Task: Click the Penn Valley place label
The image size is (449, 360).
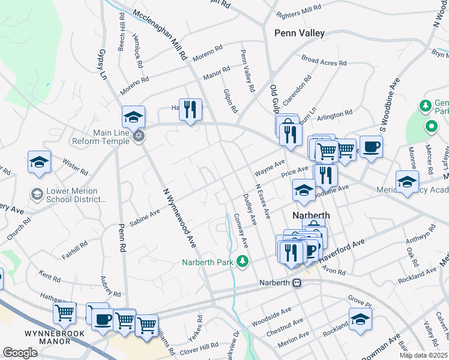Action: coord(299,34)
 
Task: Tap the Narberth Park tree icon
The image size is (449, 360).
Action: coord(242,262)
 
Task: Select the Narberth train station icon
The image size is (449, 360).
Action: coord(297,283)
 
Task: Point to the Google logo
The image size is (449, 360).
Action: coord(20,352)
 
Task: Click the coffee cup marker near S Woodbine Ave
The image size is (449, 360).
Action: coord(371,147)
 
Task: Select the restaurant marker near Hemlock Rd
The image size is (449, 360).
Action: coord(191,110)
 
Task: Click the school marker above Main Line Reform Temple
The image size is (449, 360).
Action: coord(133,116)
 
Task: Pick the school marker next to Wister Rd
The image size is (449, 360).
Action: coord(39,163)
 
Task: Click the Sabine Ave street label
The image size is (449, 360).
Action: coord(145,217)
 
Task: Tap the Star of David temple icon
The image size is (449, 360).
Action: coord(139,136)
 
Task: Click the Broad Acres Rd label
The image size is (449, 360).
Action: coord(324,61)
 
